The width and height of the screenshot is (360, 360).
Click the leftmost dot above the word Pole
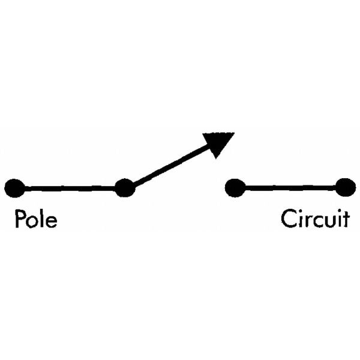click(14, 188)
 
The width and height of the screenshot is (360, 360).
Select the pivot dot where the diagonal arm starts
click(125, 188)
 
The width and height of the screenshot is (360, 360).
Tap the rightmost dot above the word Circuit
click(346, 187)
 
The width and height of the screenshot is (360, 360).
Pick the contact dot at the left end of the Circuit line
click(235, 188)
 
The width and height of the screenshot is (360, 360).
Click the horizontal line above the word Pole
click(70, 189)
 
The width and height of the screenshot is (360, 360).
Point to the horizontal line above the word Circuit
click(290, 188)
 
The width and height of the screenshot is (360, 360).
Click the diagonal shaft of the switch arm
click(171, 166)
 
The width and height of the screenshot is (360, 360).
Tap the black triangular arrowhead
click(218, 145)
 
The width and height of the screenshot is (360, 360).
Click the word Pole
click(36, 218)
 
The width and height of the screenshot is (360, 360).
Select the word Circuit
click(315, 218)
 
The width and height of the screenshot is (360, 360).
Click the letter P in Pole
click(20, 218)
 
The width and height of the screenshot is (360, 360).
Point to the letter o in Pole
click(32, 221)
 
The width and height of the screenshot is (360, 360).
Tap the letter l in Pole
click(41, 218)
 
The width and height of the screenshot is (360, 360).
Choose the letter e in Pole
click(51, 221)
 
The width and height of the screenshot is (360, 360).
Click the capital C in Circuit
click(289, 218)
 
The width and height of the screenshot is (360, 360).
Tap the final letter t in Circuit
click(347, 220)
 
